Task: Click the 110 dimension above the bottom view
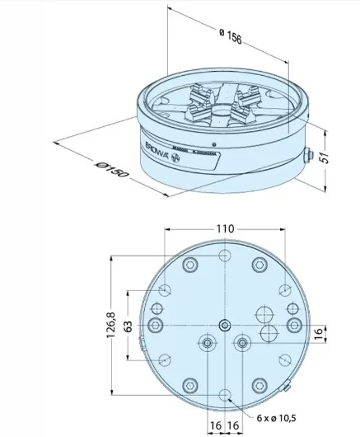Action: coord(224,228)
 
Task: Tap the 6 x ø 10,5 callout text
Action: coord(275,420)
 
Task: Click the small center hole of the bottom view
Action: coord(224,325)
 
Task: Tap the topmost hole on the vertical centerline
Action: coord(224,256)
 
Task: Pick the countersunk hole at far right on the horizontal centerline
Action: coord(293,325)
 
